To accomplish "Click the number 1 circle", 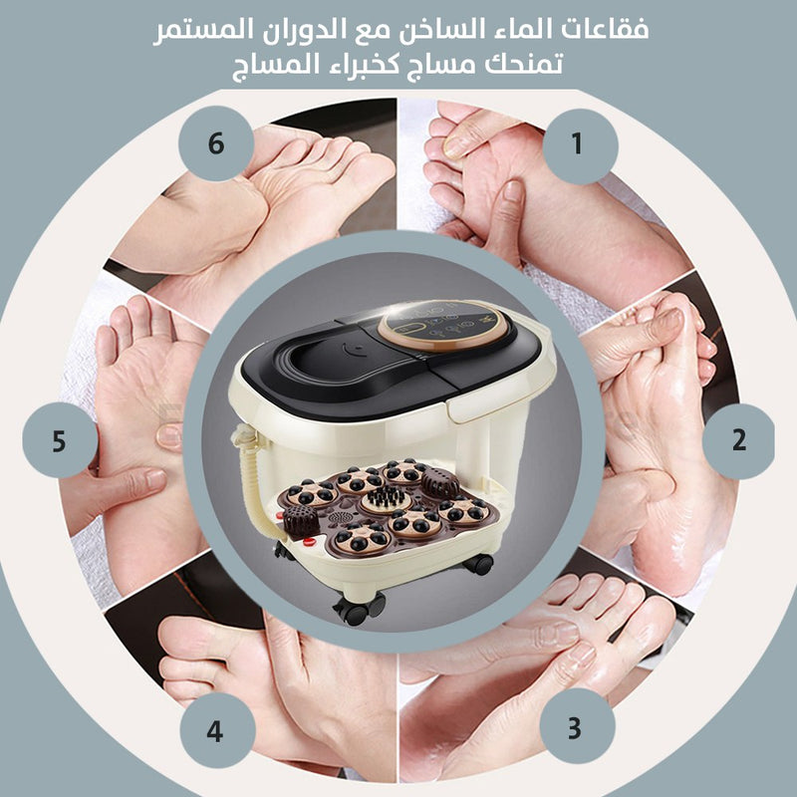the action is [x=580, y=146].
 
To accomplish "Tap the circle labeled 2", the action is [x=739, y=440].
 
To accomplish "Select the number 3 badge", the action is [x=577, y=727].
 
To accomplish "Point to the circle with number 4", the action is [x=217, y=730].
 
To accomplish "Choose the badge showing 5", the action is [x=60, y=440].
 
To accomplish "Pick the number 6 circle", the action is [x=216, y=143].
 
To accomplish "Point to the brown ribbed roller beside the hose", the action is [x=300, y=522].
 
